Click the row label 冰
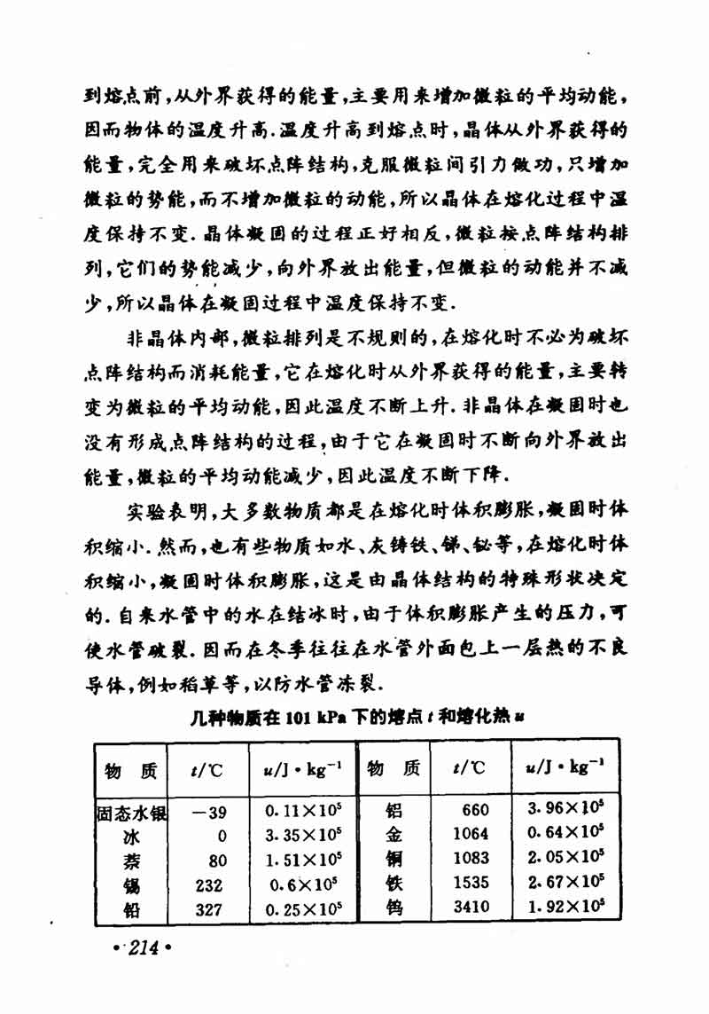pyautogui.click(x=131, y=837)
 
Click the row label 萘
pyautogui.click(x=131, y=861)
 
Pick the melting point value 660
pyautogui.click(x=475, y=810)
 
